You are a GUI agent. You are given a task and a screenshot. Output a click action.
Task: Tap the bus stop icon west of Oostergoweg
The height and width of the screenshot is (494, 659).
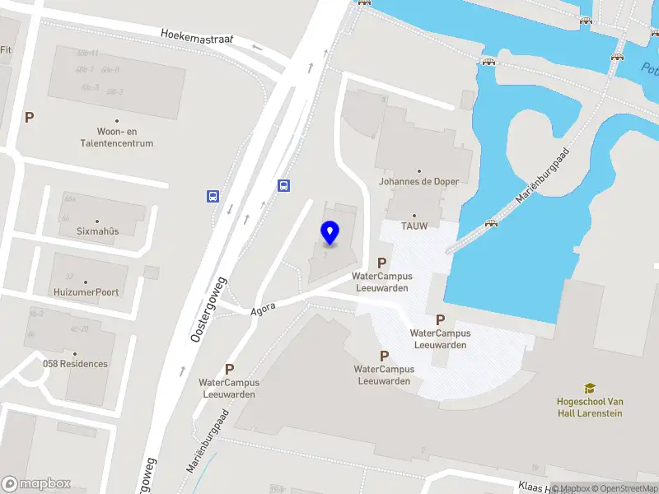coord(213,196)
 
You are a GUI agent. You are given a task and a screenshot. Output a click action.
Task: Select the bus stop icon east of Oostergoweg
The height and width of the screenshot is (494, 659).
coord(284,185)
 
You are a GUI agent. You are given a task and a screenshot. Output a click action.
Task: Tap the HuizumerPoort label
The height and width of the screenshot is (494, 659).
coord(86,292)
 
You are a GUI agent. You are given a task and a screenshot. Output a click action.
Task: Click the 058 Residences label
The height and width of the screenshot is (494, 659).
coord(75,364)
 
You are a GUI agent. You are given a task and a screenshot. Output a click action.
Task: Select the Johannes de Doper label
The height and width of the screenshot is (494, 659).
coord(418,181)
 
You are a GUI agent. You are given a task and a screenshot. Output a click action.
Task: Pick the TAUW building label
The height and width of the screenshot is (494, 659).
coord(414,226)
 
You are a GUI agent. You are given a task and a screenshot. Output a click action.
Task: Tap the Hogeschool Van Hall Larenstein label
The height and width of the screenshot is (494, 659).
coord(589,407)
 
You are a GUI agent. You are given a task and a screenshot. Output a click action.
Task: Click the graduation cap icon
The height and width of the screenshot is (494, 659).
coord(590,388)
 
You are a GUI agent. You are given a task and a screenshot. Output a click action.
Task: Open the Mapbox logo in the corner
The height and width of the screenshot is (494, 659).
coord(36,484)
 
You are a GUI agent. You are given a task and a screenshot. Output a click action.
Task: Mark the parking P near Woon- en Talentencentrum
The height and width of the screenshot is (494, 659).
coord(29,118)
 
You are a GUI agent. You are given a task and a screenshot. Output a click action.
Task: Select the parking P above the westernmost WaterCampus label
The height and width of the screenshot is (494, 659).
coord(229,370)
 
